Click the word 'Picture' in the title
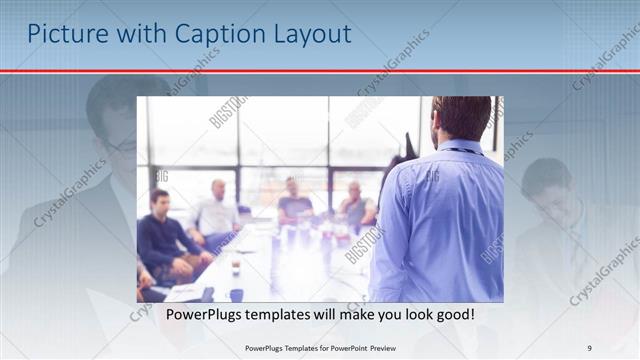click(x=62, y=34)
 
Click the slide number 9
click(x=590, y=348)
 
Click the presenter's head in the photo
click(x=461, y=118)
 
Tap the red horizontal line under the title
click(x=320, y=71)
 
